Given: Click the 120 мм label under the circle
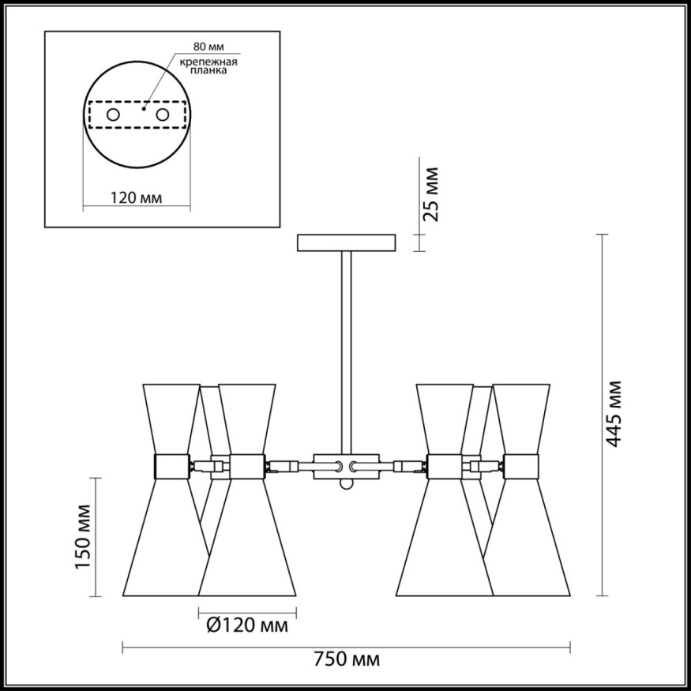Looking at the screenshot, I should click(x=136, y=197).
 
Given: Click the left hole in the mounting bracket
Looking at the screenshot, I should click(x=112, y=115).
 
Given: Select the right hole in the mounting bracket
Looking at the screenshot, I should click(x=163, y=115).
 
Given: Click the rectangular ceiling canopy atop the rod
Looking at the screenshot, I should click(x=346, y=242).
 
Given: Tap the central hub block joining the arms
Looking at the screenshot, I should click(x=346, y=466).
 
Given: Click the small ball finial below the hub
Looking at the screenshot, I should click(x=346, y=483).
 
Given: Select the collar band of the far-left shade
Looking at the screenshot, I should click(x=171, y=466).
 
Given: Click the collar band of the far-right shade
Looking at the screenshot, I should click(x=521, y=466).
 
